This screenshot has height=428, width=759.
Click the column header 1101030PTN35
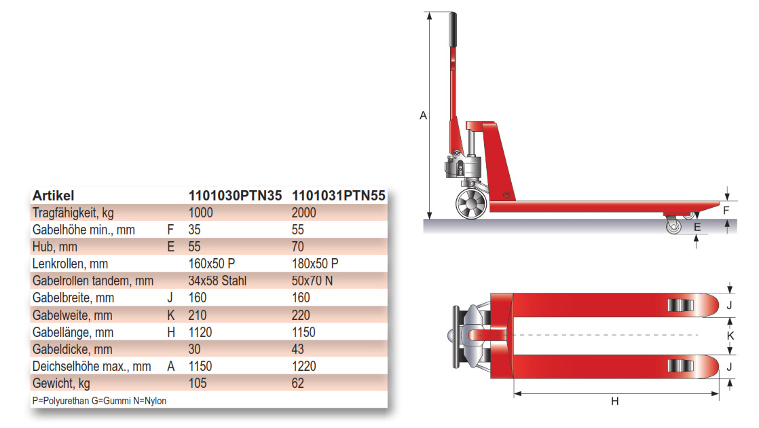(234, 196)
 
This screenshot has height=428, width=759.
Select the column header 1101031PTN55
(338, 196)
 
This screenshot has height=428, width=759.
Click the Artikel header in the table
(53, 196)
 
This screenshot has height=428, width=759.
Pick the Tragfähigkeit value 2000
(304, 213)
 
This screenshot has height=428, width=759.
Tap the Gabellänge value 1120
(200, 332)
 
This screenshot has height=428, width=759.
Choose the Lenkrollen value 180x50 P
(315, 264)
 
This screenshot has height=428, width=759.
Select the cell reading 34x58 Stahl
(217, 281)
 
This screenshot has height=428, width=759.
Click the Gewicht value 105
(197, 384)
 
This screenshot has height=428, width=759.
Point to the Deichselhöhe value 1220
(303, 367)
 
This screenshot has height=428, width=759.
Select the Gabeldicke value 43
(298, 350)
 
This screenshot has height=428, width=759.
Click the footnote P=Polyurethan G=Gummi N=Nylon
(99, 401)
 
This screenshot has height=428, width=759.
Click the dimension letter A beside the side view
(423, 115)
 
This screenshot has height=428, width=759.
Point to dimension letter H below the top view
(614, 402)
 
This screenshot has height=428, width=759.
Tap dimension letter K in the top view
(730, 336)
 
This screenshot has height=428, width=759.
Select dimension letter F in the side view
(726, 211)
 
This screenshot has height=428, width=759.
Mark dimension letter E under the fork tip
(698, 227)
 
